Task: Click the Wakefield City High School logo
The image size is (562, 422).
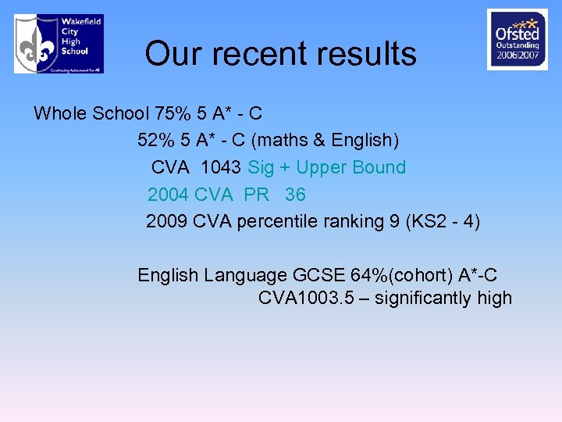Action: tap(59, 44)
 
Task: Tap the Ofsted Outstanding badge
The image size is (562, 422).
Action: tap(517, 39)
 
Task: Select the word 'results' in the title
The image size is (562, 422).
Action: tap(369, 54)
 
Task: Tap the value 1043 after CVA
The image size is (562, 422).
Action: tap(222, 167)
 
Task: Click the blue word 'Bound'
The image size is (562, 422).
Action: tap(381, 167)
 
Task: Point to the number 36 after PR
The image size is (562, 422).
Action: tap(295, 194)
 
